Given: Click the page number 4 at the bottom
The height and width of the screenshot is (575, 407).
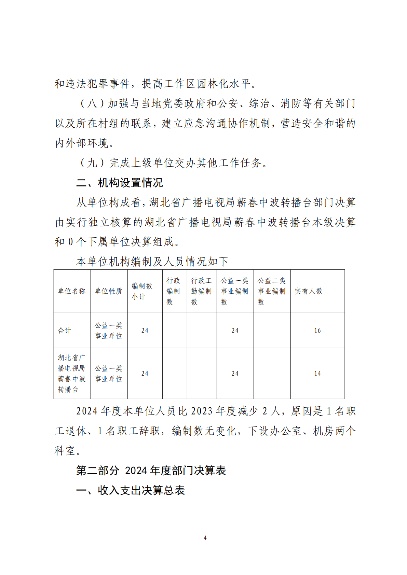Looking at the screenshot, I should pos(205,538).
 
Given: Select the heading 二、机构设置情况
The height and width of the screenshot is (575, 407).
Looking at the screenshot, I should pos(119,183).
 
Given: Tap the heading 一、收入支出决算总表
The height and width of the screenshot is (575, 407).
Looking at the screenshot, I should pos(130,490).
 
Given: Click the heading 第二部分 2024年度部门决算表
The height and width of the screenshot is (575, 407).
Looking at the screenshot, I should pos(151,471).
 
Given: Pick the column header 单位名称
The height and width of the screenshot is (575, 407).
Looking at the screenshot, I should pos(72,291).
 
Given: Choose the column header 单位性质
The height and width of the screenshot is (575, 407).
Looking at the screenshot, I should pos(109,291).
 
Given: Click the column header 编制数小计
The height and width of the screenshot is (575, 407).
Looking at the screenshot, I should pos(141,291).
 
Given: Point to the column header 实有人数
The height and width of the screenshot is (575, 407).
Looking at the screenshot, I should pos(309,291).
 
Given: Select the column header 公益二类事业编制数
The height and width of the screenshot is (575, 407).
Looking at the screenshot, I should pos(272,291).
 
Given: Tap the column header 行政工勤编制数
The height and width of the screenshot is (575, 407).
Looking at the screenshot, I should pos(201,291).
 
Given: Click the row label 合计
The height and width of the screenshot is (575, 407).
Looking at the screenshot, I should pos(64,331).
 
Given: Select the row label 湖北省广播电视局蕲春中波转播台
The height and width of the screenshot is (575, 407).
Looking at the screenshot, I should pos(71,374).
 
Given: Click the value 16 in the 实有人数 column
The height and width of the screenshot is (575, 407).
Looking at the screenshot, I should pos(317,331).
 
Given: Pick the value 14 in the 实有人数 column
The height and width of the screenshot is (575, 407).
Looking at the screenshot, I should pos(317,374).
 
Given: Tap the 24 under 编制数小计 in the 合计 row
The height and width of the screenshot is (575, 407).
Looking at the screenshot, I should pos(145,331).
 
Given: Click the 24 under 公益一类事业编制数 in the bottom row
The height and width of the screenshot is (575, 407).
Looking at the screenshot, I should pos(235,374).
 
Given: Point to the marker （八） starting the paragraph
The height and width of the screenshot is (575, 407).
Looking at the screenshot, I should pos(92,103).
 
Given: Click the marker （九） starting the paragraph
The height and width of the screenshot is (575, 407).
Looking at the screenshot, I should pos(92,163).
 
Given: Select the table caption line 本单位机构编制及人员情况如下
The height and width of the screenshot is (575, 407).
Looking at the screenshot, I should pos(152,262).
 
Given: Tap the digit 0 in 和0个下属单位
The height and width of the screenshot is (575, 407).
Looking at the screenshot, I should pos(71,242).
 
